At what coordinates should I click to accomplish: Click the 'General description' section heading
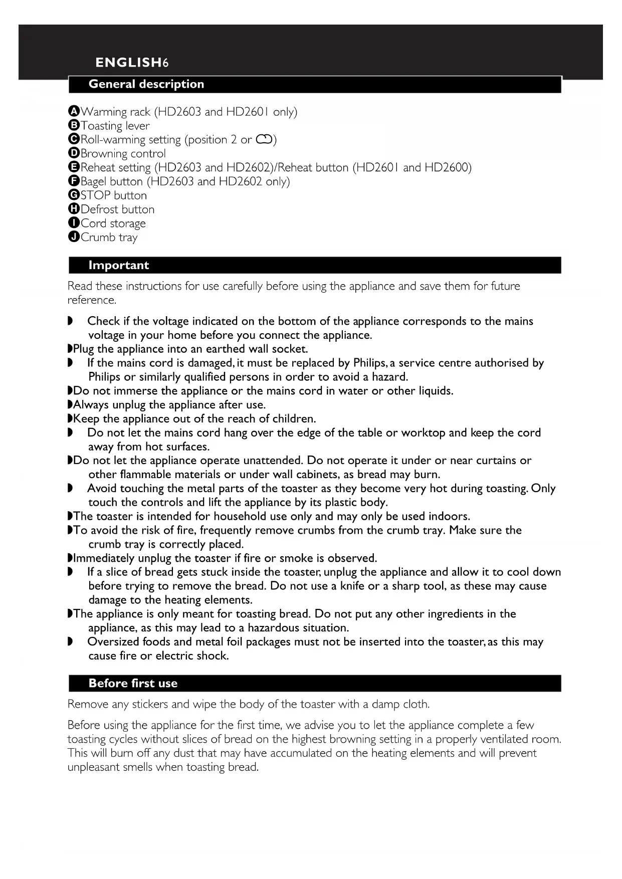[146, 84]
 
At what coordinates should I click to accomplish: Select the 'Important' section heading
[118, 266]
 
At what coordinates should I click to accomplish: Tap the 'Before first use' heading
[133, 684]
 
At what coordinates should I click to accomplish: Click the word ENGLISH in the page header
[128, 63]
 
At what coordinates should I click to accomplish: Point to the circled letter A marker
[74, 111]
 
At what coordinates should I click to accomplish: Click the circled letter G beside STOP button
[74, 195]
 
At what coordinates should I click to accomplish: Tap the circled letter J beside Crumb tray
[74, 237]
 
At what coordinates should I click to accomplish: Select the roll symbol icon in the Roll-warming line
[264, 140]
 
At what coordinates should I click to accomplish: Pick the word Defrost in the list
[98, 209]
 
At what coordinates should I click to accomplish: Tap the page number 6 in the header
[165, 63]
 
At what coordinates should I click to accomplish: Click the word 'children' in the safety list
[292, 419]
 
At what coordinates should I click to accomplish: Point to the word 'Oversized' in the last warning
[113, 642]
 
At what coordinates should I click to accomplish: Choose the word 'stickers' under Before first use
[150, 705]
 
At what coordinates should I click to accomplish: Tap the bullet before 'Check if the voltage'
[70, 321]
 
